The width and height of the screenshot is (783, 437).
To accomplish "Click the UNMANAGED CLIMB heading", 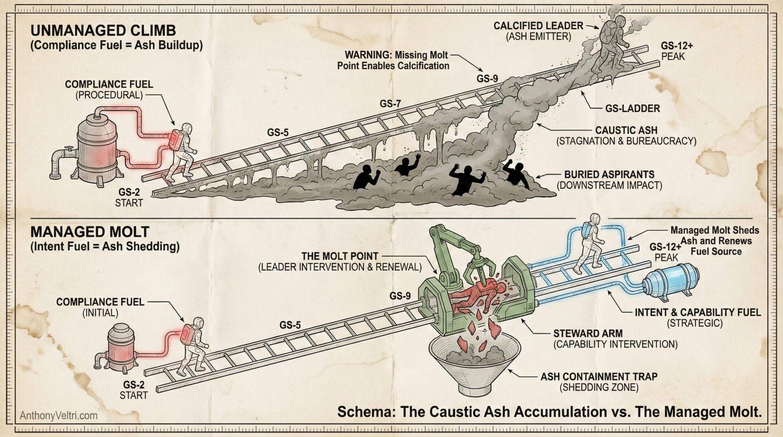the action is pyautogui.click(x=103, y=31).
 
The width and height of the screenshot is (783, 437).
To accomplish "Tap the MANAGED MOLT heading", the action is pyautogui.click(x=90, y=232).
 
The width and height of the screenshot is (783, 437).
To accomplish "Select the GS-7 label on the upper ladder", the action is pyautogui.click(x=391, y=104).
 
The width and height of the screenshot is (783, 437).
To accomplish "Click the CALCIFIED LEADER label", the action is pyautogui.click(x=538, y=26).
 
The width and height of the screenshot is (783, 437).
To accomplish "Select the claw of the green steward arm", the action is pyautogui.click(x=479, y=267).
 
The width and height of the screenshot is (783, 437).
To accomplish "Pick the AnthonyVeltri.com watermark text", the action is pyautogui.click(x=59, y=416).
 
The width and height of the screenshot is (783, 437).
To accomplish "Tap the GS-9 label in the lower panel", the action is pyautogui.click(x=400, y=296).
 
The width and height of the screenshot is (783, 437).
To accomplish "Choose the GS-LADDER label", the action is pyautogui.click(x=632, y=108).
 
